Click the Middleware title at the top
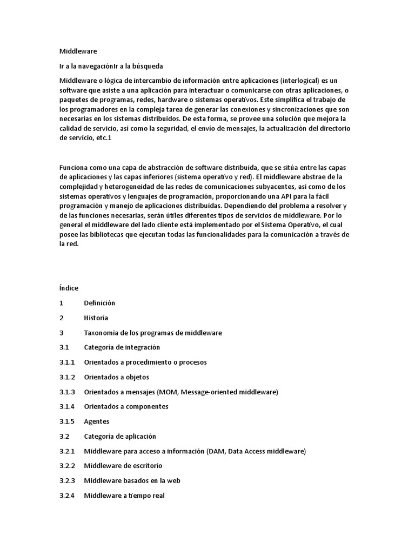point(78,51)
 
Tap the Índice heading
point(69,288)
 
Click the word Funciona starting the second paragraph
point(74,167)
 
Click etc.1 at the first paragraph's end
point(102,138)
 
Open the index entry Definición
point(99,303)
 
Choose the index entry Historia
point(96,318)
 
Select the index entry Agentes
point(96,421)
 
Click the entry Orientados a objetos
point(116,377)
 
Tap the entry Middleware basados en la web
point(132,480)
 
